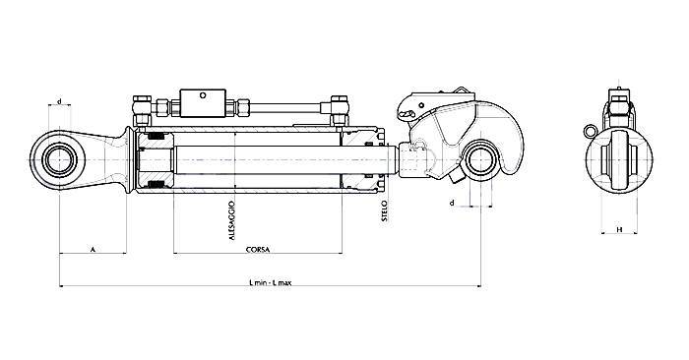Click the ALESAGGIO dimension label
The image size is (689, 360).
[231, 222]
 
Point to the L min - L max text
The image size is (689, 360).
[271, 282]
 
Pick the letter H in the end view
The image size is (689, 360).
[618, 229]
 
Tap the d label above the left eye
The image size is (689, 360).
[60, 101]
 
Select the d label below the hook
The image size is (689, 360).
[451, 203]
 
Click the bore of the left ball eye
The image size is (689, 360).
[60, 156]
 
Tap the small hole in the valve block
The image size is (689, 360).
[205, 96]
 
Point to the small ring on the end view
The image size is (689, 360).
[586, 129]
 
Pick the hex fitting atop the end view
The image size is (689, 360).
[617, 104]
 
